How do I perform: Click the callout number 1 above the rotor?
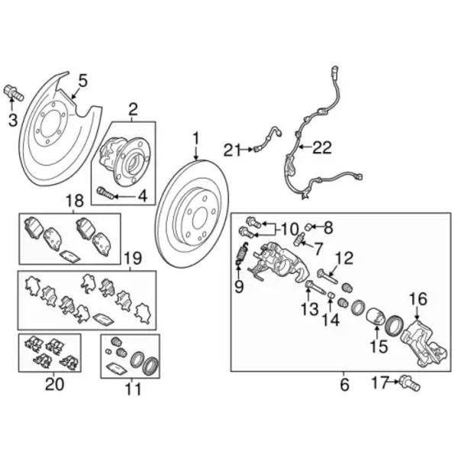195,139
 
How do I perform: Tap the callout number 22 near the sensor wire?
322,148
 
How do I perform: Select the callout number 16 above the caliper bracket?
418,298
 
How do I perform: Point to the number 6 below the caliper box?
344,385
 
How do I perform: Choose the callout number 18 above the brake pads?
74,201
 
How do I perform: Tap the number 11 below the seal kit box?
134,390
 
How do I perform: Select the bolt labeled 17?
410,385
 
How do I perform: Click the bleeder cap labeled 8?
310,226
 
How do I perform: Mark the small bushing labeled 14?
332,295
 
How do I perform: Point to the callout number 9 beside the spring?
238,287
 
